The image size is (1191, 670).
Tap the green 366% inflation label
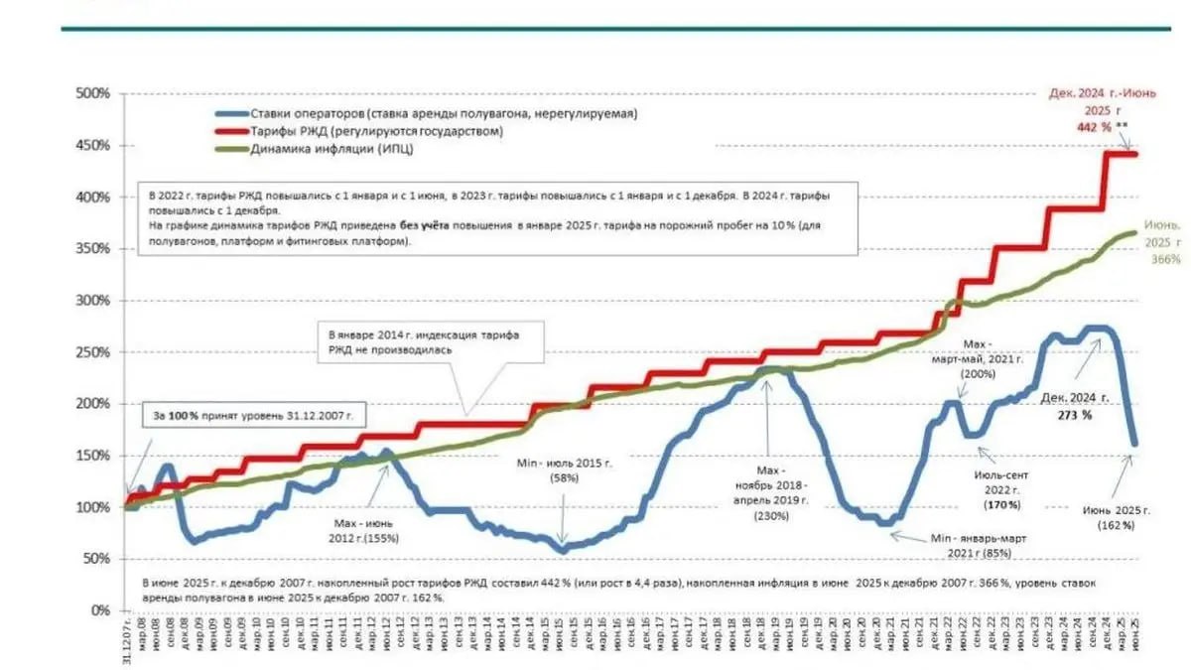(x=1166, y=258)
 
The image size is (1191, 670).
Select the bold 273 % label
(x=1073, y=415)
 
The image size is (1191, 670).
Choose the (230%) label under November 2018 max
(x=770, y=515)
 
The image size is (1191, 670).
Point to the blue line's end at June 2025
(x=1134, y=444)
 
